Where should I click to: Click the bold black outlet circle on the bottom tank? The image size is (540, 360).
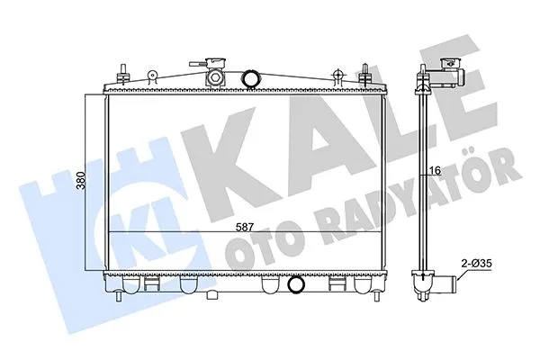[x=296, y=286]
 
